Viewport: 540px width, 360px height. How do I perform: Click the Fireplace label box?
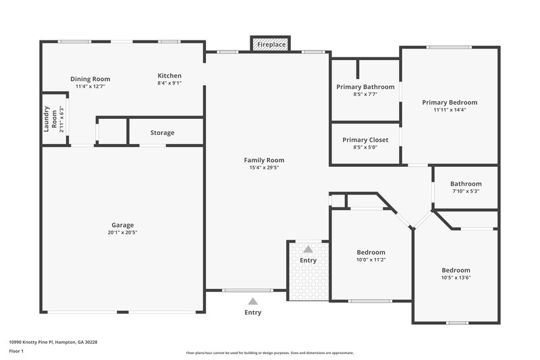pos(270,45)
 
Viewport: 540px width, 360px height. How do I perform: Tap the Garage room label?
pos(123,225)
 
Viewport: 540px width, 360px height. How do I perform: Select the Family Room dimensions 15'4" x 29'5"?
pos(264,168)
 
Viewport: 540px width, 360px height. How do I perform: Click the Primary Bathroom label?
pos(365,86)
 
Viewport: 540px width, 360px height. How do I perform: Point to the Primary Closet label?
pos(364,140)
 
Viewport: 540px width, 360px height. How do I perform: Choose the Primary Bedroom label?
pos(450,102)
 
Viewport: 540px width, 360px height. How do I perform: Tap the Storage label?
pos(162,133)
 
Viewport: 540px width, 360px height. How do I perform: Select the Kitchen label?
pos(169,76)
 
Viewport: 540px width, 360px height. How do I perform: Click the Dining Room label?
pos(90,79)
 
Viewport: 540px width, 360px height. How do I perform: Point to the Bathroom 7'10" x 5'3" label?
pos(466,184)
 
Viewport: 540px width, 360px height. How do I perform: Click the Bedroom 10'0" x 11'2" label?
pos(371,252)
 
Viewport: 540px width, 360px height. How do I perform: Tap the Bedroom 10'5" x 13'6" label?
pos(456,269)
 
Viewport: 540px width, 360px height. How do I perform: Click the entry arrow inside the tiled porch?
pos(308,249)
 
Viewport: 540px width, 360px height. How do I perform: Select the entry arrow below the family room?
pos(252,301)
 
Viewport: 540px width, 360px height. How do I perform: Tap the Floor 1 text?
pos(16,352)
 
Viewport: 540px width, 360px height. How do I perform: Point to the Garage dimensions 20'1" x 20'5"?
pos(123,232)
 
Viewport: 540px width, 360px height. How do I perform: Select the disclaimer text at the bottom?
pos(270,353)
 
